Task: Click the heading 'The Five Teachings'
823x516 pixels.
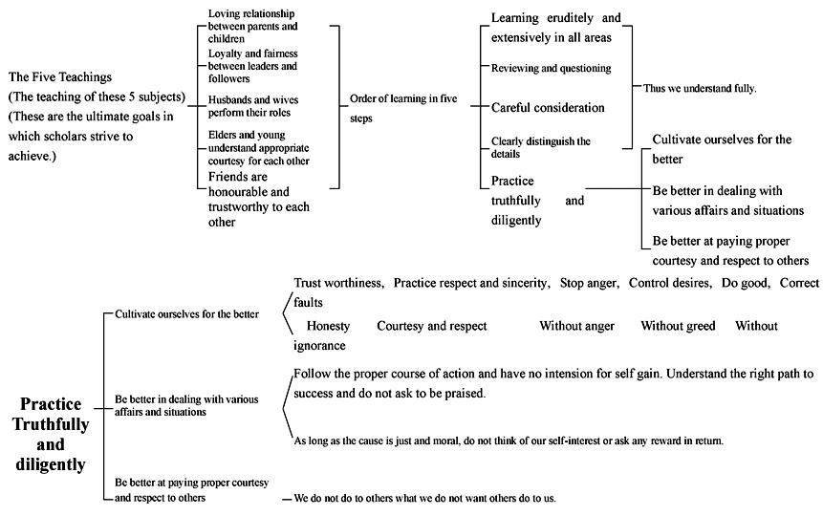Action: tap(60, 77)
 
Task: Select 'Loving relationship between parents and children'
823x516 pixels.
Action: tap(252, 26)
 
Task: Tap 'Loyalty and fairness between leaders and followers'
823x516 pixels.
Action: tap(252, 66)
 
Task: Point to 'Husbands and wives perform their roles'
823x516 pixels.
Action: tap(253, 106)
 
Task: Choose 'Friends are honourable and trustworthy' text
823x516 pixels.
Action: tap(259, 199)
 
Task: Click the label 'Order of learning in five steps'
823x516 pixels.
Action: tap(403, 108)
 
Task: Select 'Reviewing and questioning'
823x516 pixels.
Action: tap(552, 68)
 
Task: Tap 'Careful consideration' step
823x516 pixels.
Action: tap(548, 108)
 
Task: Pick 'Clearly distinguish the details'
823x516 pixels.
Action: tap(541, 147)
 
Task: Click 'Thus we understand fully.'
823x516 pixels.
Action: tap(700, 88)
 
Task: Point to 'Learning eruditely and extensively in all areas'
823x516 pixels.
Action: tap(556, 28)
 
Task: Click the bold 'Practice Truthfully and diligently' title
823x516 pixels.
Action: tap(51, 434)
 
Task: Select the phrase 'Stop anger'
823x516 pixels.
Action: tap(590, 283)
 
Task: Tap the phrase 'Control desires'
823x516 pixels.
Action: tap(670, 283)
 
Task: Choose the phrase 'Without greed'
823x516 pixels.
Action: tap(678, 326)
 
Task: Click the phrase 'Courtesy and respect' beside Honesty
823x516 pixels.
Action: tap(431, 326)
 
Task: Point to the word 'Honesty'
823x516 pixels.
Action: tap(328, 326)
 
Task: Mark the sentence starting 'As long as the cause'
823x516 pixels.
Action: tap(509, 441)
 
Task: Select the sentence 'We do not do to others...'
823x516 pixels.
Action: tap(424, 498)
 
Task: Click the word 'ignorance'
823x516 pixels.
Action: tap(319, 345)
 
